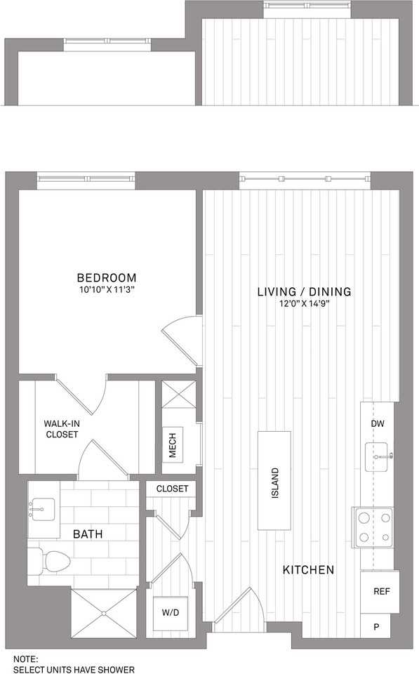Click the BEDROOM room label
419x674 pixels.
coord(107,278)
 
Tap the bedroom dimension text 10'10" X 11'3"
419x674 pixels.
coord(107,290)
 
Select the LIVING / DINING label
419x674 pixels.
coord(305,291)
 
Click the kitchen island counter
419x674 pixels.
coord(274,480)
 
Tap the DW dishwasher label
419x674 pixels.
coord(378,424)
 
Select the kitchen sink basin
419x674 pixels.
coord(376,457)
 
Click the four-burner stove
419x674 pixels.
coord(374,527)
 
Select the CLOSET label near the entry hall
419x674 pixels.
coord(172,489)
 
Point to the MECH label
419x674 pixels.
coord(173,445)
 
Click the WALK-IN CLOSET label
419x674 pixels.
coord(62,429)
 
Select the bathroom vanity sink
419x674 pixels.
coord(42,510)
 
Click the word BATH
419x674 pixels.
coord(88,534)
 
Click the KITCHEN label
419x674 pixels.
coord(308,570)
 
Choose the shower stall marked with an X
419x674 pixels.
coord(104,614)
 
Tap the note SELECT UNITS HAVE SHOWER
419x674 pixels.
coord(74,669)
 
